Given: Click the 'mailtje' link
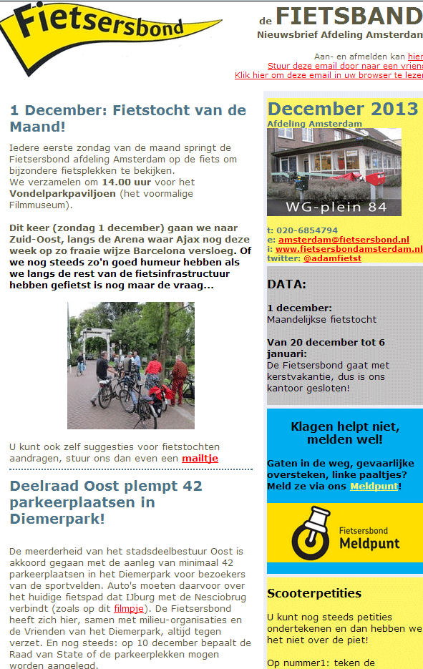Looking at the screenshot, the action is tap(200, 458).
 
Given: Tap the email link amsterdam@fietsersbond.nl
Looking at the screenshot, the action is tap(344, 240).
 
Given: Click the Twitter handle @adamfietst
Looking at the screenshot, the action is tap(332, 258).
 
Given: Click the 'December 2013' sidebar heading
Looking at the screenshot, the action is tap(342, 109).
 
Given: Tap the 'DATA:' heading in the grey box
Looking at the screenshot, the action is tap(286, 284).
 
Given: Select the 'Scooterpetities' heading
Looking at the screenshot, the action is tap(314, 593).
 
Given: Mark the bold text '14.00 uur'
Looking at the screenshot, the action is tap(127, 182).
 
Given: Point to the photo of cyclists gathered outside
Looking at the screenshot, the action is tap(131, 365).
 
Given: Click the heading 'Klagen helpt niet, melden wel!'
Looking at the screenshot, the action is tap(345, 433).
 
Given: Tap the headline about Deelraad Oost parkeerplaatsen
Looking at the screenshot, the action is tap(106, 502).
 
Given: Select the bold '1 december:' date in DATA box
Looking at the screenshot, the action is tap(299, 308).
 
